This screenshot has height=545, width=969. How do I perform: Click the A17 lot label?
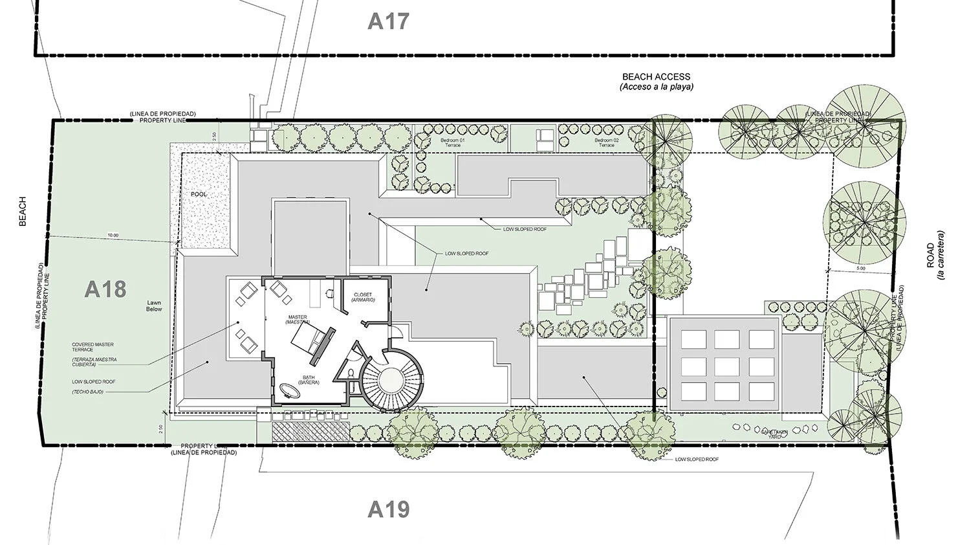pyautogui.click(x=388, y=21)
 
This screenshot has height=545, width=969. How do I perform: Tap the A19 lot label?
pyautogui.click(x=388, y=509)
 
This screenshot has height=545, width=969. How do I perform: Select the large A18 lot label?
pyautogui.click(x=105, y=289)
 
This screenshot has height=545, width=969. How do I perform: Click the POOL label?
pyautogui.click(x=199, y=194)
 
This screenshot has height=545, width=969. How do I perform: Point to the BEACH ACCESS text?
pyautogui.click(x=656, y=76)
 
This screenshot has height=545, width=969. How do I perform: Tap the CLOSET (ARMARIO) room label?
pyautogui.click(x=363, y=298)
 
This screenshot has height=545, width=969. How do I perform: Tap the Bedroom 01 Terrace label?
pyautogui.click(x=451, y=142)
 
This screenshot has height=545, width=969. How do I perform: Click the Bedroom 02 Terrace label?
pyautogui.click(x=606, y=142)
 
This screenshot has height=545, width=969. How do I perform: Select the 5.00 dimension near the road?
pyautogui.click(x=860, y=267)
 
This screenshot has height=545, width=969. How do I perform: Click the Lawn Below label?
pyautogui.click(x=154, y=306)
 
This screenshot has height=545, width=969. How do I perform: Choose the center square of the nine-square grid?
pyautogui.click(x=726, y=365)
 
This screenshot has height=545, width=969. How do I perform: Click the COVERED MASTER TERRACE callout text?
pyautogui.click(x=83, y=346)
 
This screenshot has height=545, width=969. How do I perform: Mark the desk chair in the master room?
pyautogui.click(x=330, y=293)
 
